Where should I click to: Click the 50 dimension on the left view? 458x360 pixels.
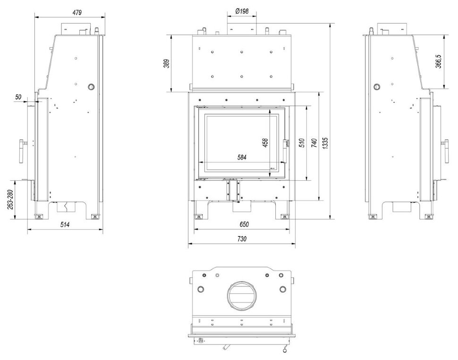coord(18,97)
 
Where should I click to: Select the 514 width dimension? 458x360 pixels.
coord(65,225)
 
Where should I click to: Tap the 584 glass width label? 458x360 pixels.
coord(242,157)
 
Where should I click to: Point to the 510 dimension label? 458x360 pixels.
coord(302,143)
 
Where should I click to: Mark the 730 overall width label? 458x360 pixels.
coord(242,239)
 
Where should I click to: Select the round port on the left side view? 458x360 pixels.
coord(90,87)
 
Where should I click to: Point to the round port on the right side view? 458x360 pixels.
coord(377,87)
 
